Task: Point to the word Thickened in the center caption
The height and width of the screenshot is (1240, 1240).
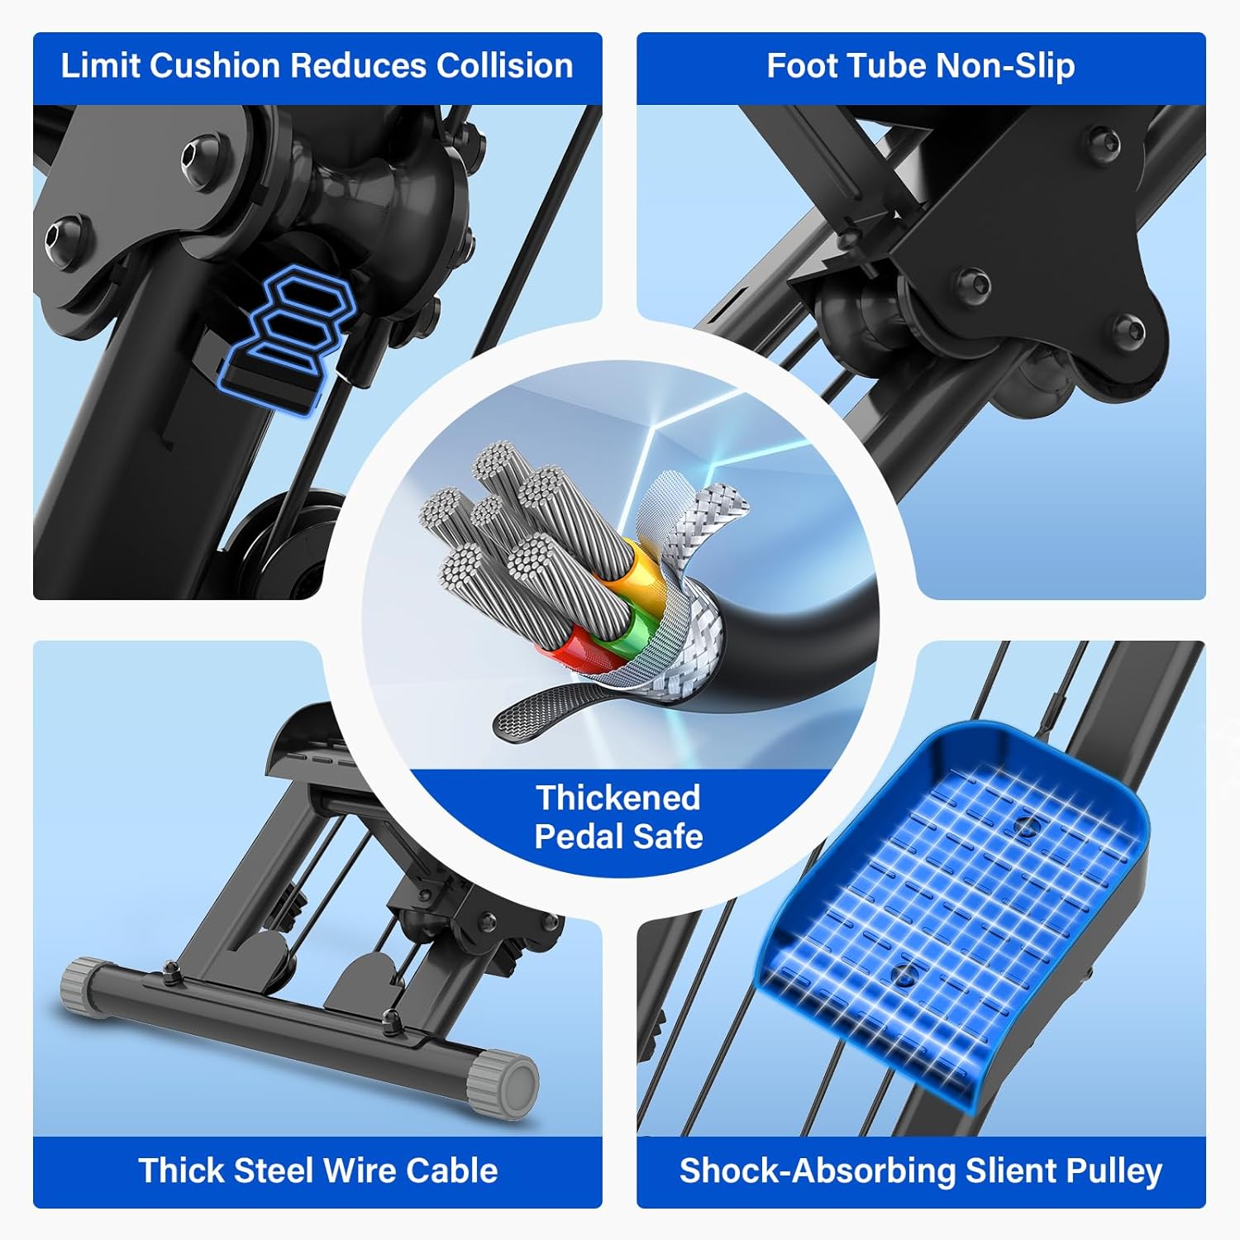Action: tap(618, 798)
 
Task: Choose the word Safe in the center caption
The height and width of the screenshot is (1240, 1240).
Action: tap(666, 837)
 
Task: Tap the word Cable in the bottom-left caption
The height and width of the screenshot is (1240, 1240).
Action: tap(452, 1171)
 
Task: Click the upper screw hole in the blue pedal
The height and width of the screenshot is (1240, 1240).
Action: tap(1026, 825)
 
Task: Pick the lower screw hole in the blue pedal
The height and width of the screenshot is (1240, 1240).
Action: tap(905, 973)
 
